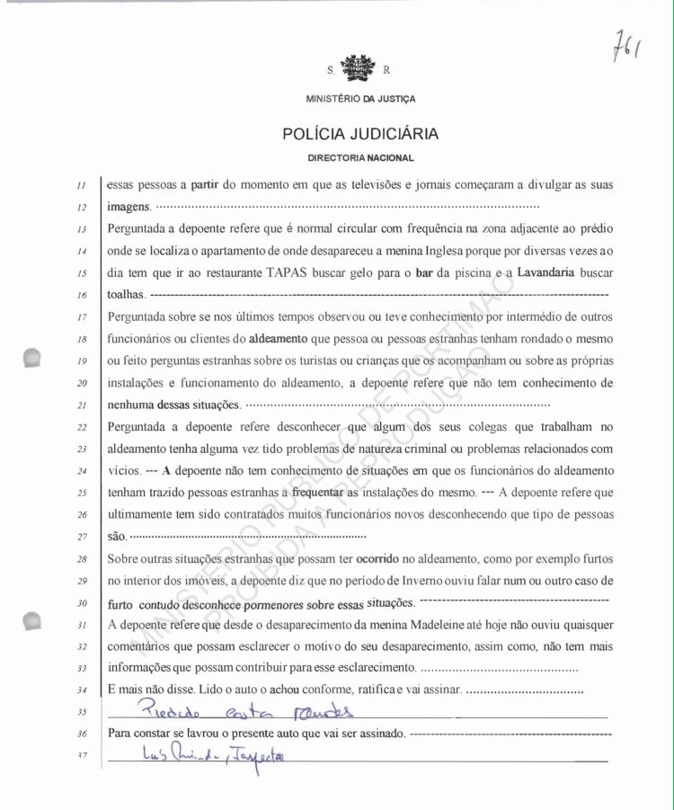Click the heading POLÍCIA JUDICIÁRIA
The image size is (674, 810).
pos(360,135)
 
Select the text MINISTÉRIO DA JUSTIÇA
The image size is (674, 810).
pos(360,99)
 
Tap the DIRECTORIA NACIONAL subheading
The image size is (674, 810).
pos(360,158)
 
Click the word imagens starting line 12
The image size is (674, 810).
pos(129,206)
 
